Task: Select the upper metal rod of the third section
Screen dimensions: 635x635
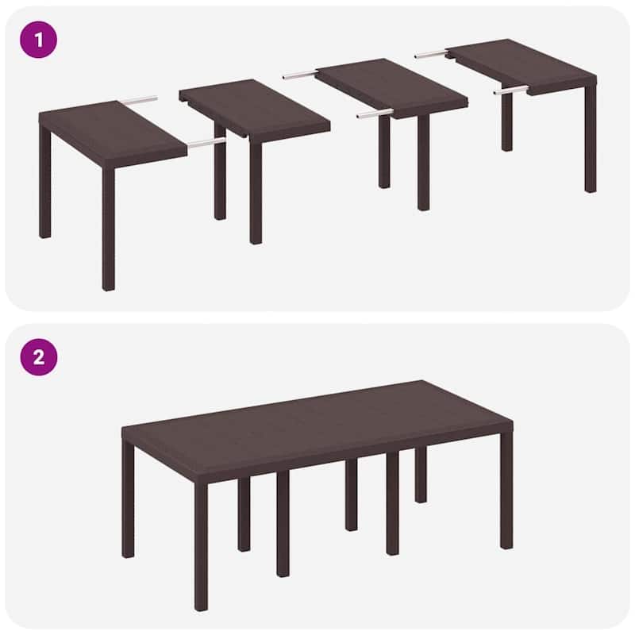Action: coord(301,75)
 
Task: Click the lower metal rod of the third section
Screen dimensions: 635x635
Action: coord(373,114)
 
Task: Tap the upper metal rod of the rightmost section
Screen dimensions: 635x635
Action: coord(431,55)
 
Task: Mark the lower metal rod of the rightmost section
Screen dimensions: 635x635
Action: coord(510,90)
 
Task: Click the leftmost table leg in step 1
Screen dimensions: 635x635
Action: coord(44,187)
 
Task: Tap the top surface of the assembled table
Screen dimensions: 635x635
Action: coord(317,417)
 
